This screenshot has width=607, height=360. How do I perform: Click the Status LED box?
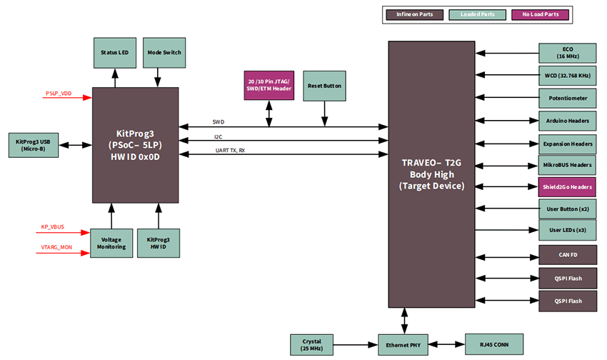(115, 53)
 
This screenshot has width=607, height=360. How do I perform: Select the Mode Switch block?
(164, 53)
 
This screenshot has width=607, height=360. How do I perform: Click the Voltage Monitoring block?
(111, 243)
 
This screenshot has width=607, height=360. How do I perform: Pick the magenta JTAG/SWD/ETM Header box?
(269, 85)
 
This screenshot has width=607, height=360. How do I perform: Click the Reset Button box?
(325, 85)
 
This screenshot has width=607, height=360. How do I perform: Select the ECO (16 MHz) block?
(567, 52)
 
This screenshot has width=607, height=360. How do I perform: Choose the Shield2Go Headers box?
(567, 187)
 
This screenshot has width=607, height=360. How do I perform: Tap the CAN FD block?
(567, 254)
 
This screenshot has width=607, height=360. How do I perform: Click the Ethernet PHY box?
(404, 344)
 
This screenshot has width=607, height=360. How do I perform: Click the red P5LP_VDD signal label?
(59, 94)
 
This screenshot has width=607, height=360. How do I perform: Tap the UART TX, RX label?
(230, 151)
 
